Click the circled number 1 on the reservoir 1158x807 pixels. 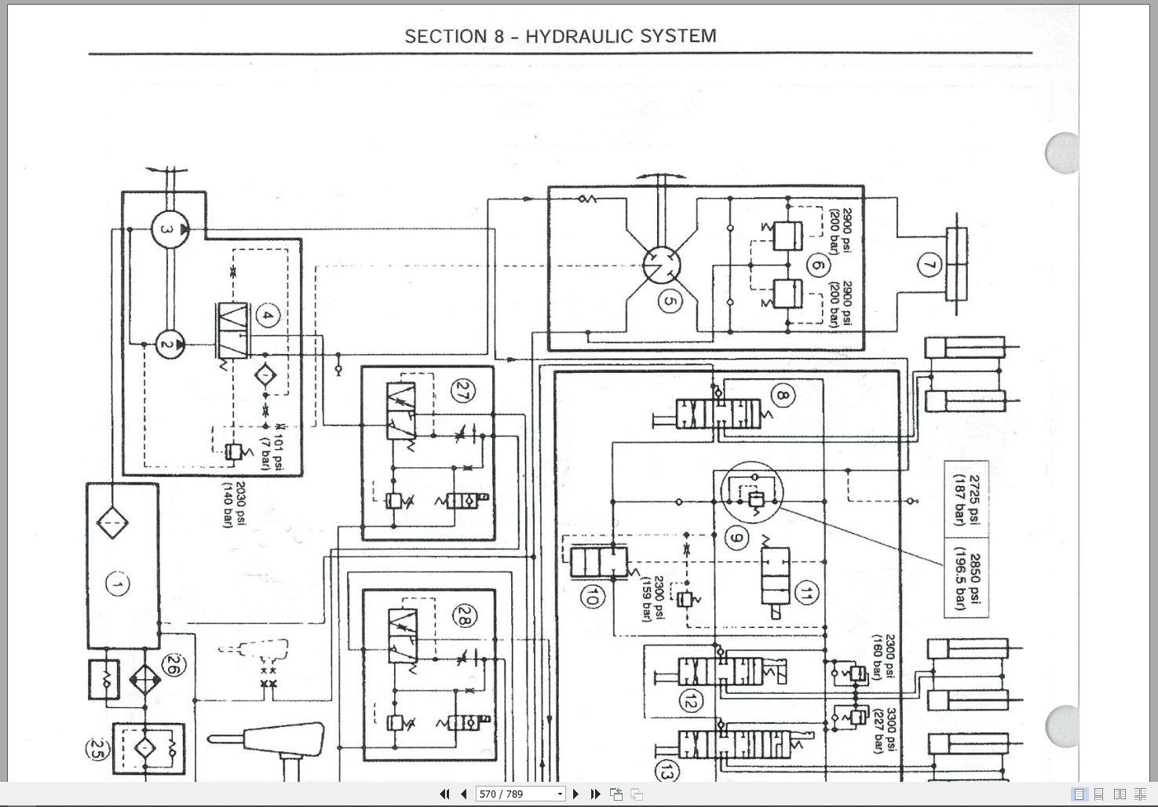pyautogui.click(x=118, y=584)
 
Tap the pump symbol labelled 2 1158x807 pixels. pyautogui.click(x=167, y=344)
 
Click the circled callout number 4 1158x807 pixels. pyautogui.click(x=268, y=316)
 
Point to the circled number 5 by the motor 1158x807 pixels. pyautogui.click(x=669, y=301)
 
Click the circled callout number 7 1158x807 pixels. pyautogui.click(x=929, y=265)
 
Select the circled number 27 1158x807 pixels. pyautogui.click(x=461, y=390)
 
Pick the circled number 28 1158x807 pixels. pyautogui.click(x=462, y=619)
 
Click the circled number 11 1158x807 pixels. pyautogui.click(x=805, y=594)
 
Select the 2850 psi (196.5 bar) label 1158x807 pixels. pyautogui.click(x=967, y=581)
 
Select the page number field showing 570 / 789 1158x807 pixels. pyautogui.click(x=520, y=794)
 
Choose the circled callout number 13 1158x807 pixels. pyautogui.click(x=667, y=772)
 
